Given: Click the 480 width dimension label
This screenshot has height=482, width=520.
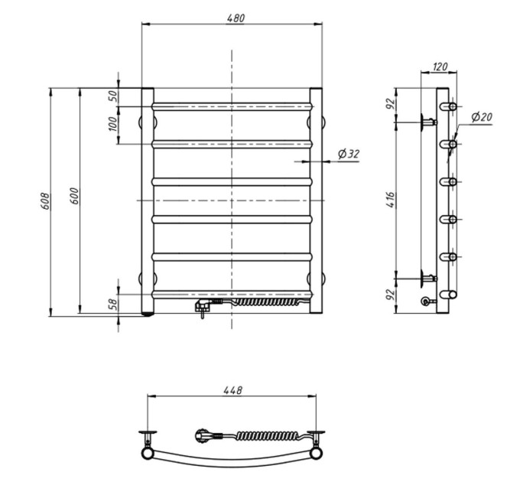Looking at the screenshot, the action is click(x=236, y=18).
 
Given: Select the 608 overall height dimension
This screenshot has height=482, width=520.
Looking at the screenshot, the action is click(x=45, y=201).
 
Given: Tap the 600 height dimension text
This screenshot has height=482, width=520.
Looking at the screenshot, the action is click(x=75, y=196).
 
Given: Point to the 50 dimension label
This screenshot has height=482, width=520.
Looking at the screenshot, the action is click(x=113, y=96).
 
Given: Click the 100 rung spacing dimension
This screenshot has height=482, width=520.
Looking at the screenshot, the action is click(x=112, y=124).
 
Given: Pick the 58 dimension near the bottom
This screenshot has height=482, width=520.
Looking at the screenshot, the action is click(x=113, y=305).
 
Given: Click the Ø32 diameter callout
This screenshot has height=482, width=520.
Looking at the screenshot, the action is click(x=349, y=154).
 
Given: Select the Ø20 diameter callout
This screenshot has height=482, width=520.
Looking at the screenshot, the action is click(x=482, y=117).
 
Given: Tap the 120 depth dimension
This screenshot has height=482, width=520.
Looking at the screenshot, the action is click(x=440, y=67).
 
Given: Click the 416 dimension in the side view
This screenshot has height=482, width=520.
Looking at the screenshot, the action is click(x=392, y=200).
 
